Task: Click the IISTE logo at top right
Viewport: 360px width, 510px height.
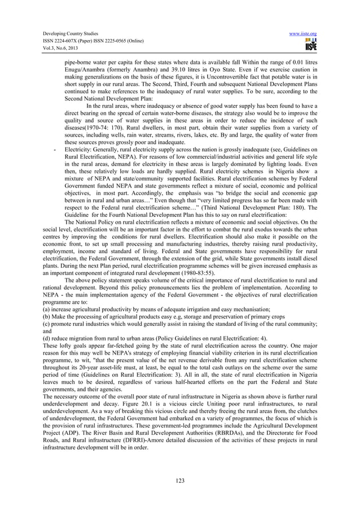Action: point(309,44)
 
